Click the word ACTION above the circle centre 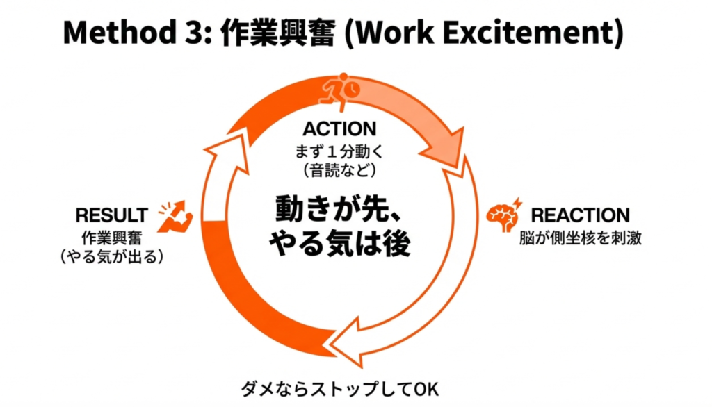pyautogui.click(x=339, y=128)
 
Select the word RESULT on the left pyautogui.click(x=112, y=215)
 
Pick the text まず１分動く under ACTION pyautogui.click(x=339, y=149)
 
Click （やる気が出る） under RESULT pyautogui.click(x=112, y=256)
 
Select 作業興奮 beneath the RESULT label pyautogui.click(x=112, y=237)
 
